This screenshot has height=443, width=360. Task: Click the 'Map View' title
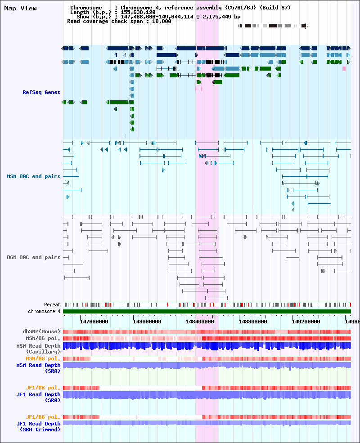click(20, 8)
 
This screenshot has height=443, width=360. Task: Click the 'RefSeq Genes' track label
click(41, 92)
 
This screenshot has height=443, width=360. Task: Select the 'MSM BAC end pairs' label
click(34, 176)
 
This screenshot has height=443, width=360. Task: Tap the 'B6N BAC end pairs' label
click(34, 257)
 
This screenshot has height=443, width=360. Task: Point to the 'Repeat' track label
click(52, 304)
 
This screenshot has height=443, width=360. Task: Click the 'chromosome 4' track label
click(44, 311)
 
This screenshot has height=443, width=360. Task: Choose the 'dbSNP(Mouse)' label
click(41, 331)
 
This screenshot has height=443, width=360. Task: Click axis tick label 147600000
click(94, 322)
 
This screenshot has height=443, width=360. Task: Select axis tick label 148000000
click(147, 322)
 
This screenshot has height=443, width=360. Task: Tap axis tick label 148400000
click(200, 322)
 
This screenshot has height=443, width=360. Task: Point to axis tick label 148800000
click(252, 322)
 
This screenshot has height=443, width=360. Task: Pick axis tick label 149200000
click(306, 322)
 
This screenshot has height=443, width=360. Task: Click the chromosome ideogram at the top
click(273, 26)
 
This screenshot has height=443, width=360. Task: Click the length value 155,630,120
click(138, 12)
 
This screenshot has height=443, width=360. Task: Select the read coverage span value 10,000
click(162, 21)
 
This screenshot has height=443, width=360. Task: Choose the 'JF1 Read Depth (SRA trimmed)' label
click(38, 426)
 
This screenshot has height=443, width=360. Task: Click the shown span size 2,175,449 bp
click(221, 17)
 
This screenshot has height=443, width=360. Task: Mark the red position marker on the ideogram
click(305, 26)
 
